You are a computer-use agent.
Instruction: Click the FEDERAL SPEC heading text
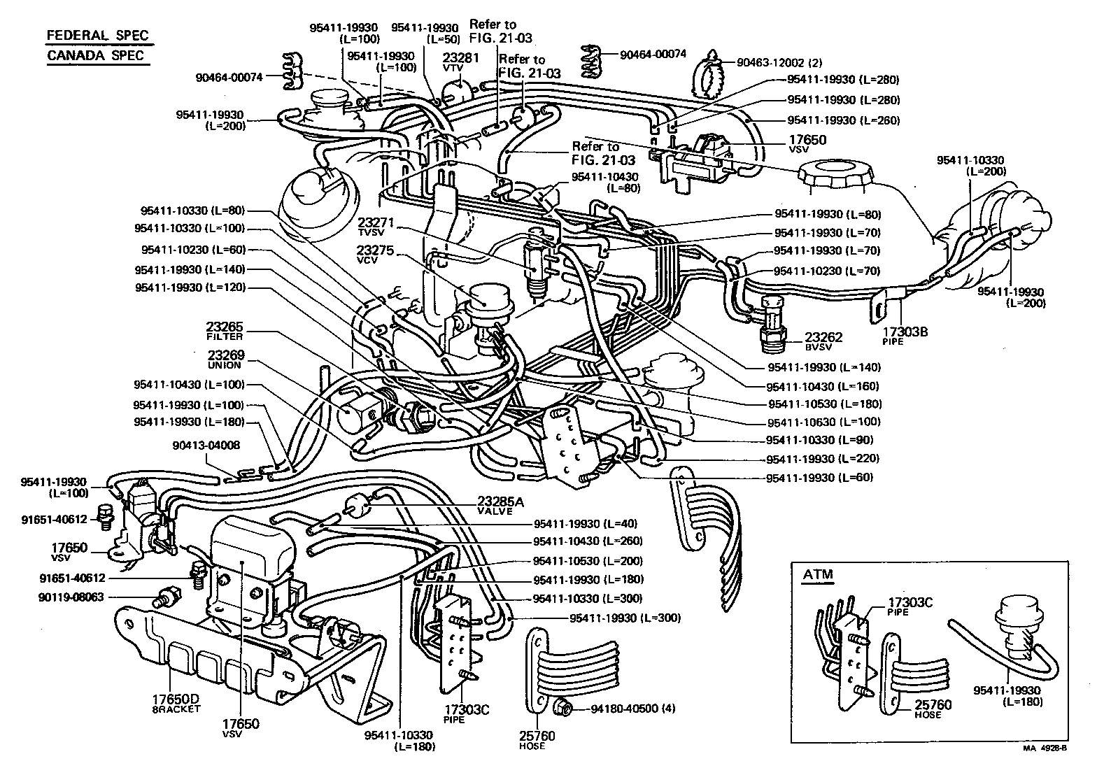click(x=97, y=36)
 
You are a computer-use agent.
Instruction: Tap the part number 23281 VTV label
click(x=460, y=62)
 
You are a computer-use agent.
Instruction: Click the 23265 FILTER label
click(x=224, y=330)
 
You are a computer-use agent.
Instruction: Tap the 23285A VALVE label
click(x=496, y=505)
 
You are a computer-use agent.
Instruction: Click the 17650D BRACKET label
click(x=176, y=702)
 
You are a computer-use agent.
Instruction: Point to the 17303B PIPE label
click(x=905, y=335)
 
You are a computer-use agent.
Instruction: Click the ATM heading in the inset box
click(x=817, y=575)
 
